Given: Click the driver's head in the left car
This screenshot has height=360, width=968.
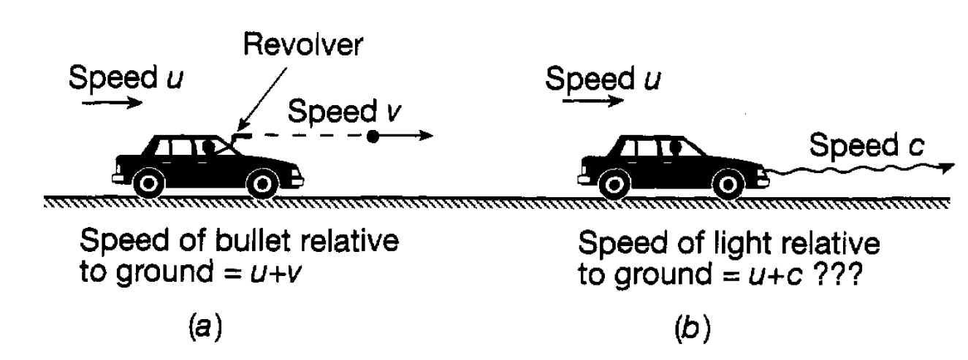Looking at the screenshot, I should click(x=208, y=146).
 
